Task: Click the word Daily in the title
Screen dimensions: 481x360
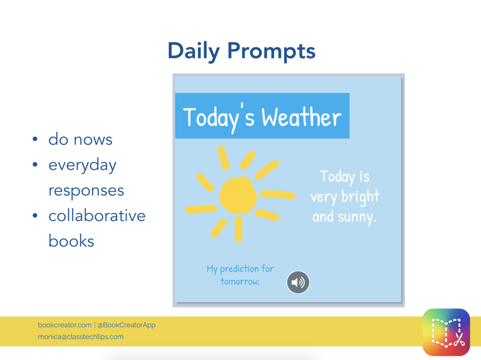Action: (x=194, y=51)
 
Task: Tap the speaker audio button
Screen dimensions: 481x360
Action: (x=298, y=282)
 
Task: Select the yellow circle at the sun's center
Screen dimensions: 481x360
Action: (x=238, y=195)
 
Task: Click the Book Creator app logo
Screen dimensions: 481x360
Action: (x=446, y=332)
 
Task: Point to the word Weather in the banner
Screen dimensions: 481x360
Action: (x=301, y=117)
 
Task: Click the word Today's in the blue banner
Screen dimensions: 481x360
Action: (x=218, y=117)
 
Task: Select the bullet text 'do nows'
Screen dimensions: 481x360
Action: (x=80, y=139)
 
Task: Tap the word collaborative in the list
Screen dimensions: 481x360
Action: (x=97, y=215)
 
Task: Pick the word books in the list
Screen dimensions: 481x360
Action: (x=71, y=241)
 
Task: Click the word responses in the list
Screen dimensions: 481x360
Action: (x=86, y=191)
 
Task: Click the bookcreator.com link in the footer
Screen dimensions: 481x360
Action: (x=65, y=325)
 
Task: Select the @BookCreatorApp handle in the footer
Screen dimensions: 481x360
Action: (x=126, y=325)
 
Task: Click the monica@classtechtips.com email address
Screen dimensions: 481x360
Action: (x=81, y=337)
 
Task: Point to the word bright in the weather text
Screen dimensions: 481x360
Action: (x=360, y=197)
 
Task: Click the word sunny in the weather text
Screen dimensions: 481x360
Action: (x=357, y=218)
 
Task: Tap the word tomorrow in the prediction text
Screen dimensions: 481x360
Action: (x=240, y=282)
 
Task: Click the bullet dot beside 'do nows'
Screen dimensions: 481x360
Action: (x=35, y=139)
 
